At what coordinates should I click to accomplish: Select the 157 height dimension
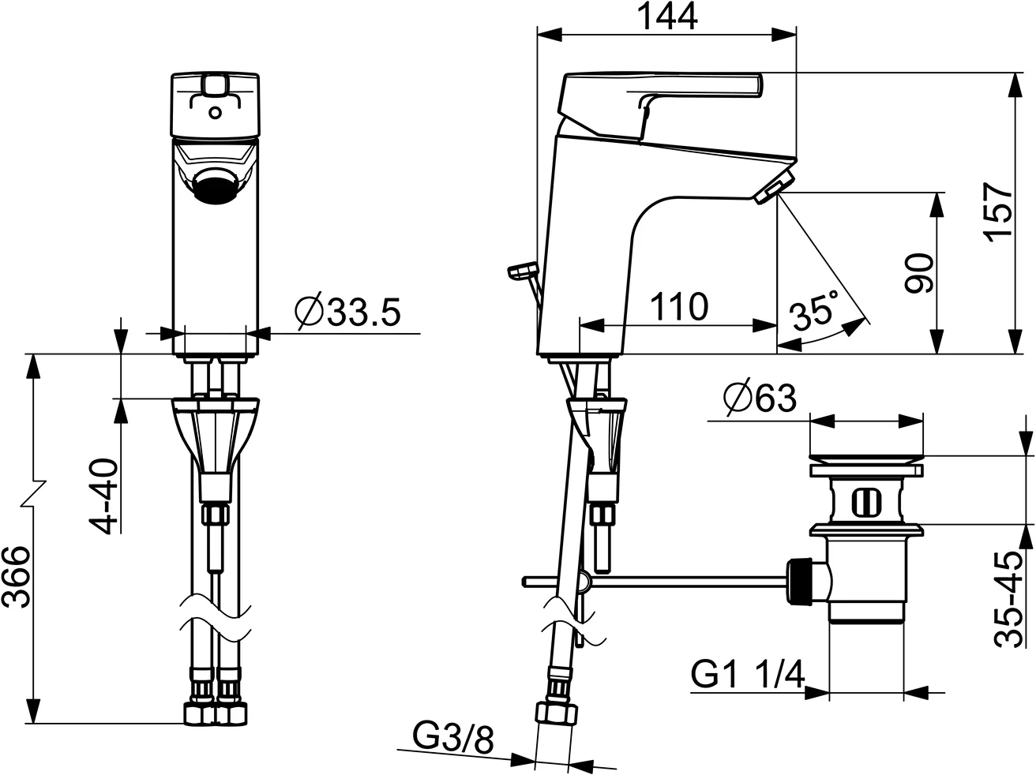pos(998,212)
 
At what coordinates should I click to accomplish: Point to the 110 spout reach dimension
pos(678,306)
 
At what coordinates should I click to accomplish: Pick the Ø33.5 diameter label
pos(347,313)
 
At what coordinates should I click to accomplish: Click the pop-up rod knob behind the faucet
pos(521,271)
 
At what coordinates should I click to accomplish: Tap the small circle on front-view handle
pos(215,112)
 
